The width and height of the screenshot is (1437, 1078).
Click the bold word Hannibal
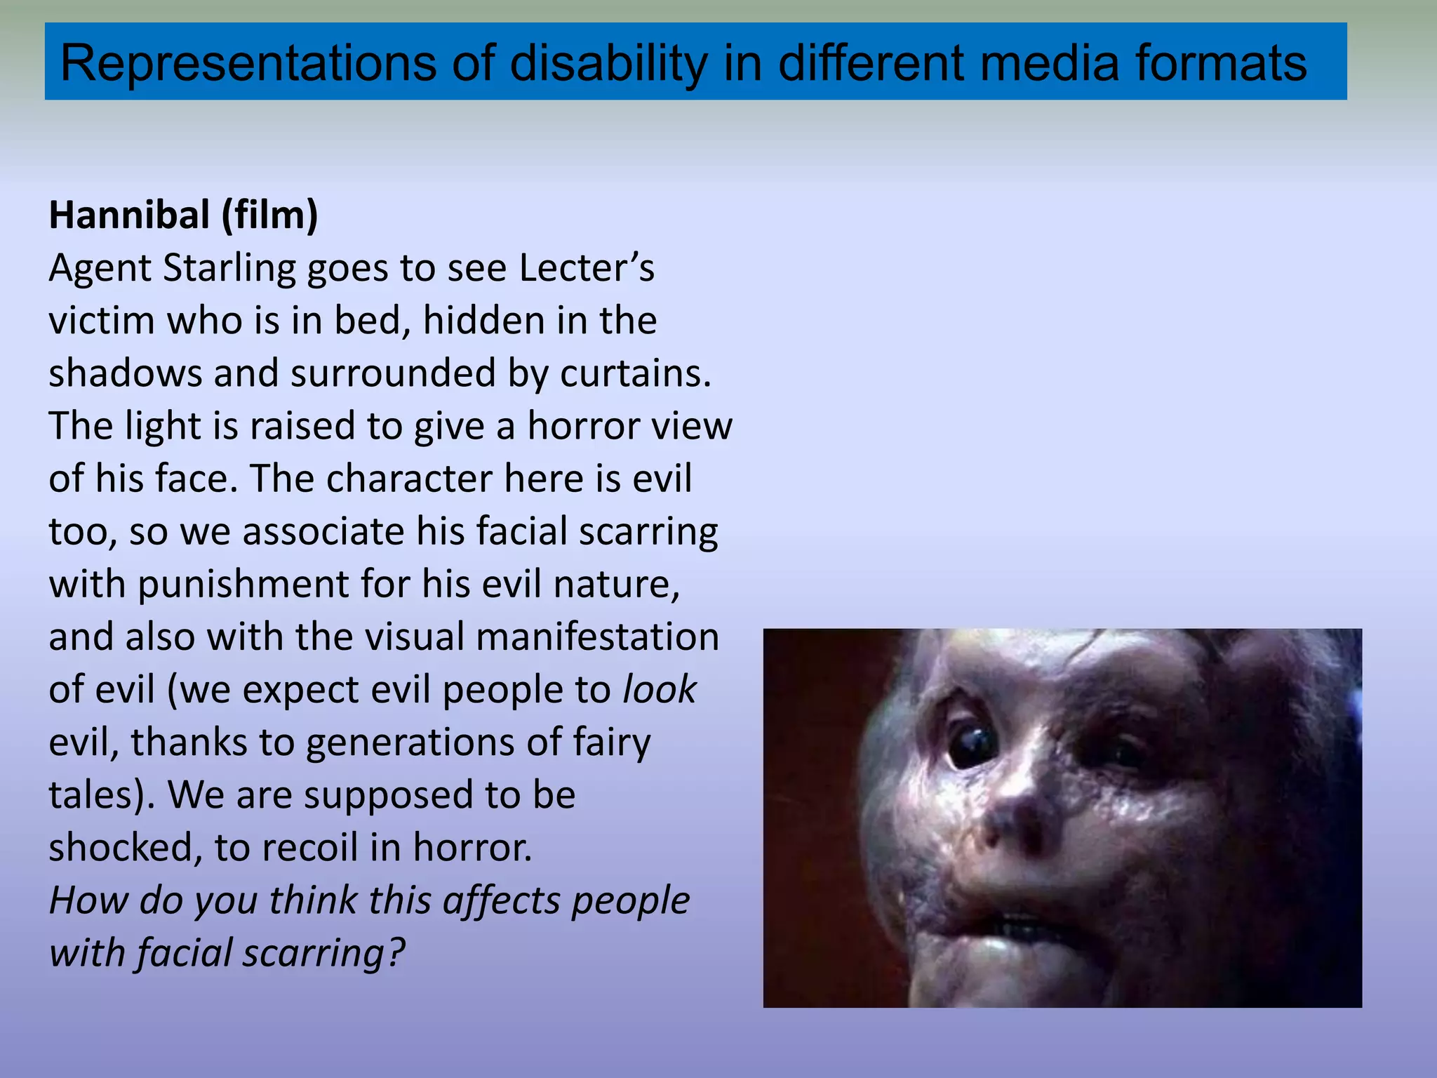tap(129, 215)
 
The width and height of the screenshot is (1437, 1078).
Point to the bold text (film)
tap(269, 215)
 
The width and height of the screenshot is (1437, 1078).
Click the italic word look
tap(660, 689)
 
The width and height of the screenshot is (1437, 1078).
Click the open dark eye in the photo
tap(972, 745)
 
